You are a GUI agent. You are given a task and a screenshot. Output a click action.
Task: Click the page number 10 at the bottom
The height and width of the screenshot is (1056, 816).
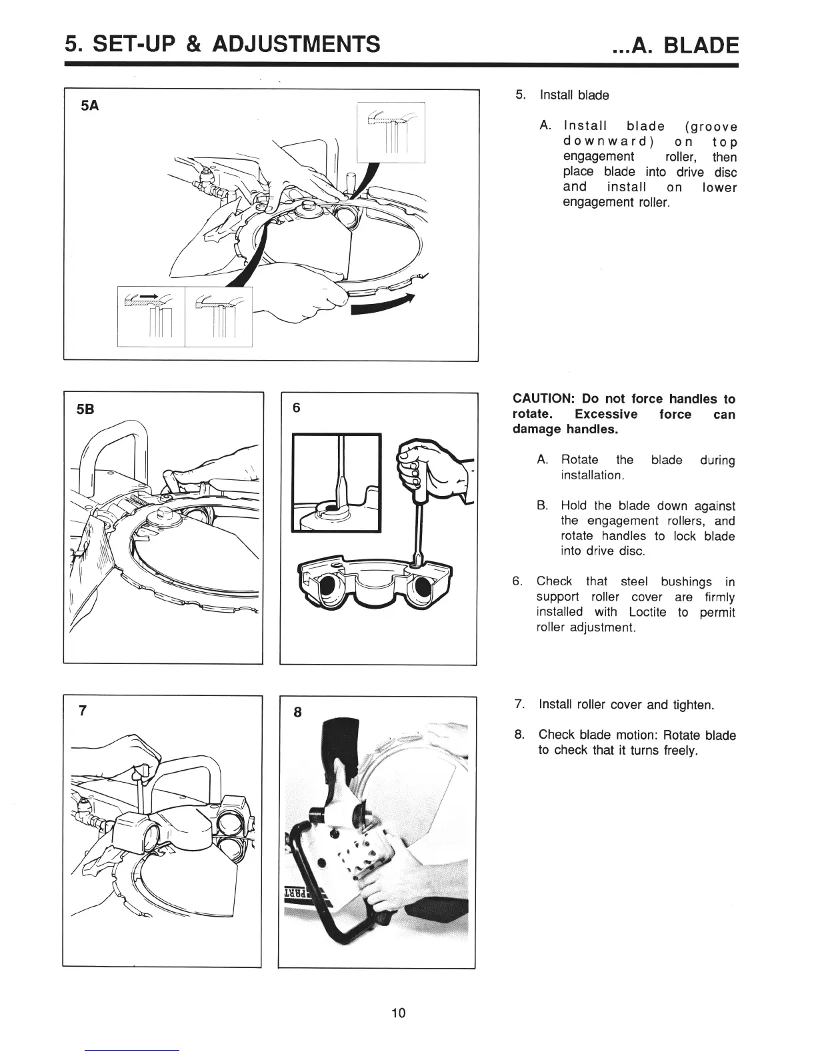coord(398,1013)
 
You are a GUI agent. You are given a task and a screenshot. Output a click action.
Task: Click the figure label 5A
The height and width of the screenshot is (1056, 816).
coord(90,105)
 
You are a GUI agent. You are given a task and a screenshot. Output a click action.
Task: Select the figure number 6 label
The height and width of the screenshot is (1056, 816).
coord(297,409)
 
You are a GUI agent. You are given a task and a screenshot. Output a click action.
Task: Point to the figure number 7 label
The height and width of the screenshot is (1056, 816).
coord(82,711)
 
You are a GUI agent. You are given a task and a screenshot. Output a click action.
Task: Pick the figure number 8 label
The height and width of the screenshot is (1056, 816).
coord(297,712)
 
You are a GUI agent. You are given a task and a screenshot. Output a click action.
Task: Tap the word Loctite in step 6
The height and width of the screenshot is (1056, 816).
coord(647,612)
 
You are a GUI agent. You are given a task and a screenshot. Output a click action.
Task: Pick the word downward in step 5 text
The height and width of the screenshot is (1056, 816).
coord(607,142)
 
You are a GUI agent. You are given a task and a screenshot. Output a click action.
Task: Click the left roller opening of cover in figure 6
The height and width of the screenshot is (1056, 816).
coord(329,587)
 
